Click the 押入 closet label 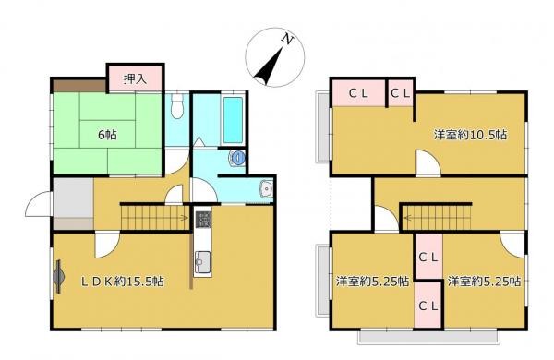[135, 78]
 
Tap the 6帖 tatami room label [107, 135]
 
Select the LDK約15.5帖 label [122, 282]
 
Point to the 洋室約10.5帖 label [470, 135]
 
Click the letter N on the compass [287, 39]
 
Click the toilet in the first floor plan [177, 105]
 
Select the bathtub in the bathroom [234, 120]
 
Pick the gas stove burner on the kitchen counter [202, 219]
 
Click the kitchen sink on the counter [202, 262]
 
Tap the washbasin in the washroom [266, 188]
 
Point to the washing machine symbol [238, 157]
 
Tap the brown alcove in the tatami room [79, 86]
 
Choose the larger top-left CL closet [358, 93]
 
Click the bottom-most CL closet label [428, 306]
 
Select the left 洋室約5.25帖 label [373, 282]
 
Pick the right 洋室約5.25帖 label [484, 282]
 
